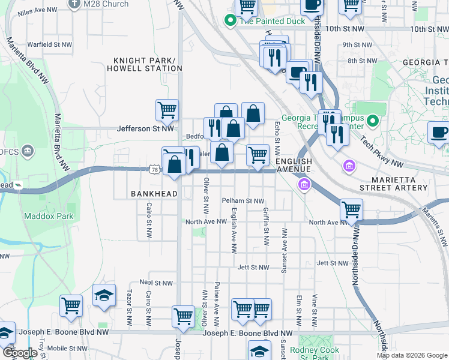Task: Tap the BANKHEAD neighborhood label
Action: point(154,194)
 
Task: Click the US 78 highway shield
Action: point(154,170)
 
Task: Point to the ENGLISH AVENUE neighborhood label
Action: point(294,166)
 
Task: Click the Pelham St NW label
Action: point(243,201)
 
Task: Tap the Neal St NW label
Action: point(155,282)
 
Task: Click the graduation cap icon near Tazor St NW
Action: point(104,295)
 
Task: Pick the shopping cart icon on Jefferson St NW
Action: point(167,110)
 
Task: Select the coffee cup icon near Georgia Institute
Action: point(439,132)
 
